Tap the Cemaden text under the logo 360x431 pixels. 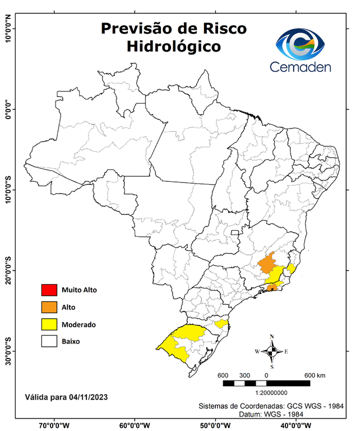301,67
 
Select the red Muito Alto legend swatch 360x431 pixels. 49,290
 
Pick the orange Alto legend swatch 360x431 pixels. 49,307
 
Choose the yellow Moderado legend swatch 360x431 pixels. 49,324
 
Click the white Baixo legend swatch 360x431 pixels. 49,341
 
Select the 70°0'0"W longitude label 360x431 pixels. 54,425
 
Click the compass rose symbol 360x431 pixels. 272,351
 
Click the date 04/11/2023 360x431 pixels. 89,397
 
